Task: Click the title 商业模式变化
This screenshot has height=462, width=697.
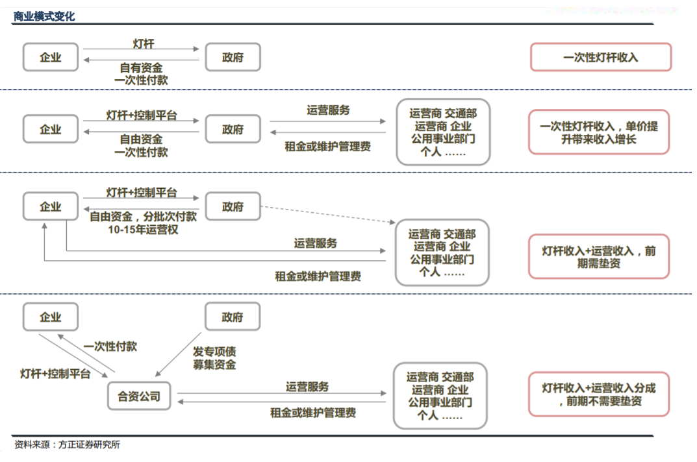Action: (x=44, y=16)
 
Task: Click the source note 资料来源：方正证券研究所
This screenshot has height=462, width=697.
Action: (x=67, y=444)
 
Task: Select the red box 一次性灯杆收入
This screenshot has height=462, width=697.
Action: (x=601, y=57)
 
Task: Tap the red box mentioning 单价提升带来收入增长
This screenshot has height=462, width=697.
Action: (x=599, y=132)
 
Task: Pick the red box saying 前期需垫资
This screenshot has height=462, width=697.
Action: (x=599, y=257)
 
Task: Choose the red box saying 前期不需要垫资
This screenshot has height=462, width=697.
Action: (x=599, y=395)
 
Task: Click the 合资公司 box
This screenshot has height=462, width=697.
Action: (x=139, y=396)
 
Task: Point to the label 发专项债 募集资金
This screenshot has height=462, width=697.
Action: (x=214, y=358)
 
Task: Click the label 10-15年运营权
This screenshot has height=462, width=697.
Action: (x=143, y=230)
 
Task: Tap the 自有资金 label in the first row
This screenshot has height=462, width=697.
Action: (x=142, y=67)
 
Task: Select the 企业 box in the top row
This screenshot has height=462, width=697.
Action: (x=51, y=57)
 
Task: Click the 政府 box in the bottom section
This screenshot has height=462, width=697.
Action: (x=233, y=317)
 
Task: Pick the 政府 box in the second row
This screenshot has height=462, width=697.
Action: (x=233, y=129)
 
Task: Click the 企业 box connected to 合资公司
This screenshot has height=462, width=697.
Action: (x=51, y=317)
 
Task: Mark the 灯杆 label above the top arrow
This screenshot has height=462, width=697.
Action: (x=144, y=43)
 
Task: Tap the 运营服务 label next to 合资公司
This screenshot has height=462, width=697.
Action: (x=307, y=387)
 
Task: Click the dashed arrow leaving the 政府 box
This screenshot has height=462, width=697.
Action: (x=328, y=214)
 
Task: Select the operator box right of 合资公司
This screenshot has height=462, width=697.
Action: (x=440, y=396)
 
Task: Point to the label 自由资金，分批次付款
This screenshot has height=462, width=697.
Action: (x=143, y=216)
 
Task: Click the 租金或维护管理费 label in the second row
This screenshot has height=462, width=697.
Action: (x=327, y=146)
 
